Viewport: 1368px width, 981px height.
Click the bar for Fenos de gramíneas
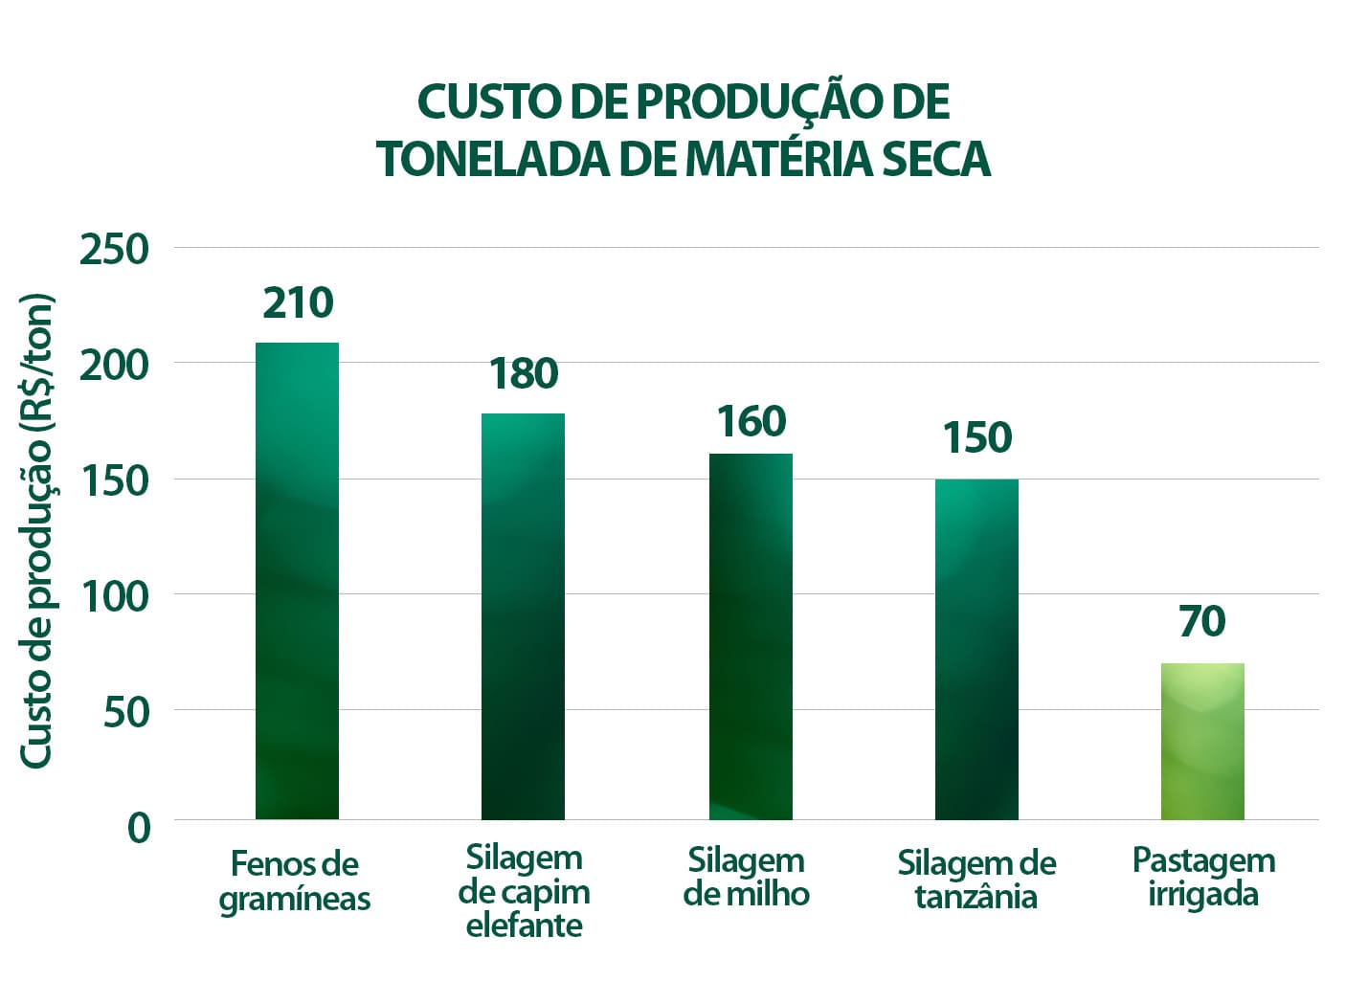pos(297,580)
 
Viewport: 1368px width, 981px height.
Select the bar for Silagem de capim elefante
pos(523,615)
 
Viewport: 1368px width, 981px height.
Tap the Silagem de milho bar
pos(751,635)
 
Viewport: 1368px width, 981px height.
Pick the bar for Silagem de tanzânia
pos(976,649)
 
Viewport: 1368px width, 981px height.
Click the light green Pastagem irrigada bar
pos(1202,741)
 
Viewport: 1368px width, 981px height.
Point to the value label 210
pos(298,303)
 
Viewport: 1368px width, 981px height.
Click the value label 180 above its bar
pos(524,373)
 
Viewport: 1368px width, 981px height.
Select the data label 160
pos(751,422)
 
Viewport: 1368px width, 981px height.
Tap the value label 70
pos(1202,622)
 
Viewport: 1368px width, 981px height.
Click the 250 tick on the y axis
pos(115,250)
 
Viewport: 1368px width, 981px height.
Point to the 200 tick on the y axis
pos(115,365)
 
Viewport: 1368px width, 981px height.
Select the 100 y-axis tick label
pos(115,596)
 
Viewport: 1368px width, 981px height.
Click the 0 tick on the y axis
pos(140,827)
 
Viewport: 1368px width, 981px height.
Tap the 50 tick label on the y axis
pos(127,712)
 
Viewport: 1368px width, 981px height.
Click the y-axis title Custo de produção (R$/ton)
pos(37,530)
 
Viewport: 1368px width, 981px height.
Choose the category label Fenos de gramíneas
pos(295,881)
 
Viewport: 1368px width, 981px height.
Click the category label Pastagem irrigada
pos(1203,877)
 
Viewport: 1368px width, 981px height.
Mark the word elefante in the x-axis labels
pos(524,925)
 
